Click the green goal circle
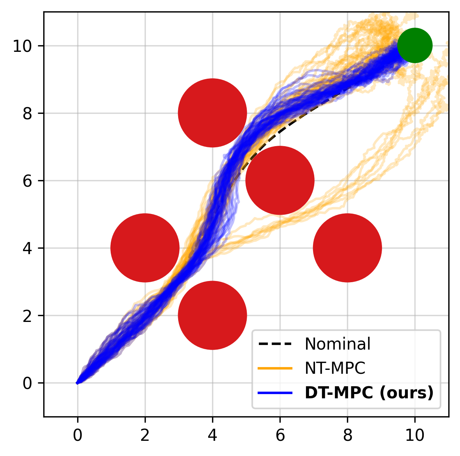coord(415,46)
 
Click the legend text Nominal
coord(337,344)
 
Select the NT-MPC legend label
coord(335,368)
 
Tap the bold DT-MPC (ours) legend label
coord(369,393)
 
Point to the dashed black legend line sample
coord(275,344)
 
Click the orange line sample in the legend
coord(275,368)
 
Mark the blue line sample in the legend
coord(275,393)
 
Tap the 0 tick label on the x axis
coord(78,435)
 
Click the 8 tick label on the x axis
coord(347,435)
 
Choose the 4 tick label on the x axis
coord(212,435)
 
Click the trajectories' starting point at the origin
coord(78,383)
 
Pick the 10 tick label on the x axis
coord(415,435)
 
